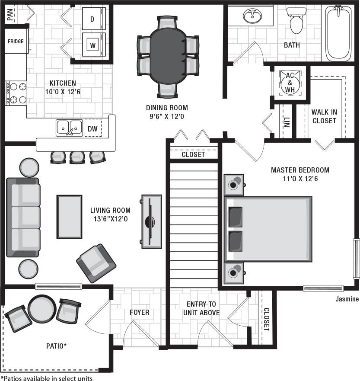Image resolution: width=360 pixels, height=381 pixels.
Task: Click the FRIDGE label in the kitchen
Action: point(15,42)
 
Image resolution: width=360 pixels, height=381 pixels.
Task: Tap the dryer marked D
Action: point(92,19)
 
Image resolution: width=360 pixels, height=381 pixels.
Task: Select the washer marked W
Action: point(92,44)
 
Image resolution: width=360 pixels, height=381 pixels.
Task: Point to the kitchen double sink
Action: point(69,128)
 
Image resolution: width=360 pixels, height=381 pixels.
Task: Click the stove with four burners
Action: point(16,93)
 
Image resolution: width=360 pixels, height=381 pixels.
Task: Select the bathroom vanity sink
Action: point(252,16)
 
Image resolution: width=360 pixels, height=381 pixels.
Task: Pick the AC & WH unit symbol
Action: point(289,82)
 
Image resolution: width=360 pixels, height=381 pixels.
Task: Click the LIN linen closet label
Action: point(287,122)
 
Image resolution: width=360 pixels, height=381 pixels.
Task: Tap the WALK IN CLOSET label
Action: point(324,116)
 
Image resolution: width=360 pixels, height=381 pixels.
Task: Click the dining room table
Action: point(168,56)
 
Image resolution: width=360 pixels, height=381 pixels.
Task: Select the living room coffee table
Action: point(69,216)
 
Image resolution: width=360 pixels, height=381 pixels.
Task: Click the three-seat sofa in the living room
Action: point(23,217)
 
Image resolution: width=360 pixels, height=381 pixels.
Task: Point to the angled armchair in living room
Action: point(96,263)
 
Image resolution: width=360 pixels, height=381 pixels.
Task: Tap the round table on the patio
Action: point(42,309)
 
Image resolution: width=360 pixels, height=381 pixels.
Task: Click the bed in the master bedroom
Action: point(268,229)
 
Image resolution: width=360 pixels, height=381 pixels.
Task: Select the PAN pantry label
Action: point(9,16)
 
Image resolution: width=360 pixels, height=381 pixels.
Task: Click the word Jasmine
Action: point(347,299)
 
